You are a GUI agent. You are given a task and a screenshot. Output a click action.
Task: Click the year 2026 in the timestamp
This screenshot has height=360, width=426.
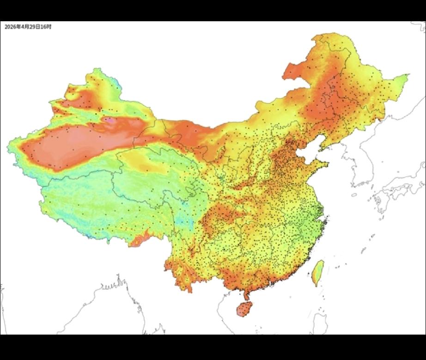tap(9, 27)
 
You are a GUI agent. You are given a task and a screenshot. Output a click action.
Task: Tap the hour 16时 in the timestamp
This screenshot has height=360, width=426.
tap(47, 27)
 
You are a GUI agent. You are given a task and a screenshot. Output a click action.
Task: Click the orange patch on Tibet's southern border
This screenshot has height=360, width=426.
tap(139, 241)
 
